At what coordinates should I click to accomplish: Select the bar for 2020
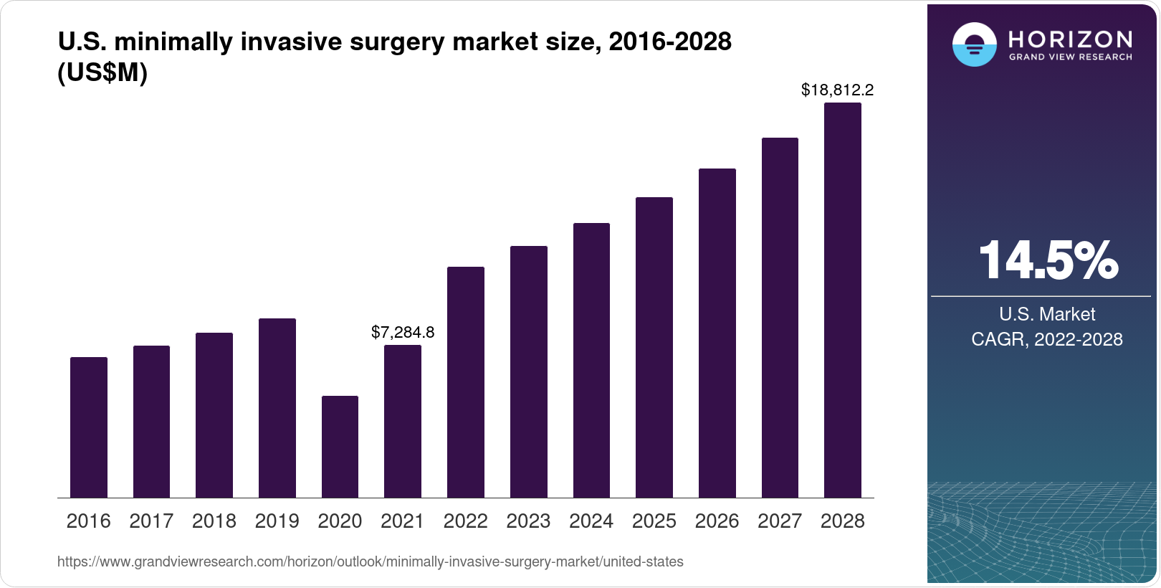click(340, 447)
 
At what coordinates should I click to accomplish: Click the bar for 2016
click(89, 427)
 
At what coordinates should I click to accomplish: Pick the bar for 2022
click(466, 382)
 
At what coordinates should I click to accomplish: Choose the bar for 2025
click(654, 347)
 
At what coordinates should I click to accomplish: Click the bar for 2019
click(277, 408)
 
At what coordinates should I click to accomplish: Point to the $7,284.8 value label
click(403, 332)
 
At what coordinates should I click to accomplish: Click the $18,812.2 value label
click(837, 90)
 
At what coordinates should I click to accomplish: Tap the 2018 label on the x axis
click(214, 521)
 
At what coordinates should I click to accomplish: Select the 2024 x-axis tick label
click(591, 521)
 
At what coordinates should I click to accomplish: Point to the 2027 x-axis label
click(780, 521)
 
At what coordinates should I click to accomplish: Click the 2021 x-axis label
click(403, 521)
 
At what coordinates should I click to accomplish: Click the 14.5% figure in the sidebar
click(1047, 260)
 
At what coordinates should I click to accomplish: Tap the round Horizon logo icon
click(974, 44)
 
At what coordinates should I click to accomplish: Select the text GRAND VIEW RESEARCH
click(1070, 57)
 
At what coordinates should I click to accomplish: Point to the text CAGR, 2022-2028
click(1046, 339)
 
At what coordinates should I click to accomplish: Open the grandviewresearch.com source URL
click(370, 561)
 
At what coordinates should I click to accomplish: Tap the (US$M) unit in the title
click(102, 72)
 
